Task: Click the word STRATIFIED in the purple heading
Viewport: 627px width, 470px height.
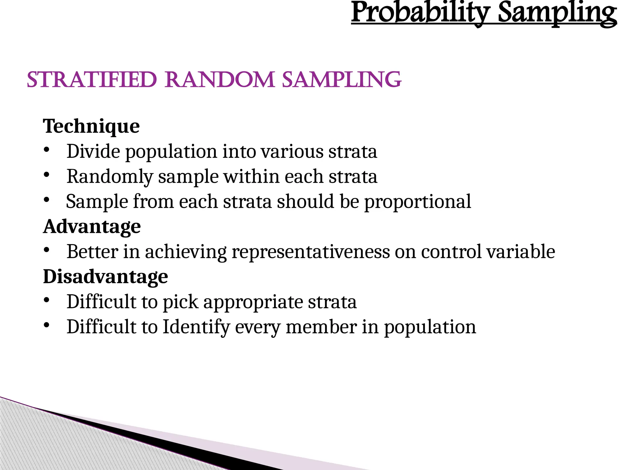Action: pos(92,80)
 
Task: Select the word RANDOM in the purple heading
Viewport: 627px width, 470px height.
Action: pos(220,80)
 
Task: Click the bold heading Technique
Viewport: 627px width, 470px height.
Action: pos(91,126)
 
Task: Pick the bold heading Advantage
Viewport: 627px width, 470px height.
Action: pos(92,226)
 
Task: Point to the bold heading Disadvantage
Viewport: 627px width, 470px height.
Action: pos(105,277)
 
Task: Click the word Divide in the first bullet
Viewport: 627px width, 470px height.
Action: pos(93,151)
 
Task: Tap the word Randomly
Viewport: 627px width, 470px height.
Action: pos(110,177)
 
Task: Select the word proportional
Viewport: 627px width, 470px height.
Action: pos(418,202)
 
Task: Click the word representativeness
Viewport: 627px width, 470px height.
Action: pos(310,252)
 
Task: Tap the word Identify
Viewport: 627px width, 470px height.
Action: pos(196,327)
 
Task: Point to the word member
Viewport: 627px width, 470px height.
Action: pos(321,327)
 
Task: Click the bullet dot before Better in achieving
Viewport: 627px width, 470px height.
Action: pos(46,250)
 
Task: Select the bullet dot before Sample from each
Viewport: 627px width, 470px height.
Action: pos(46,200)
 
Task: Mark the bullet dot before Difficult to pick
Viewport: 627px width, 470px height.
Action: pos(46,300)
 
